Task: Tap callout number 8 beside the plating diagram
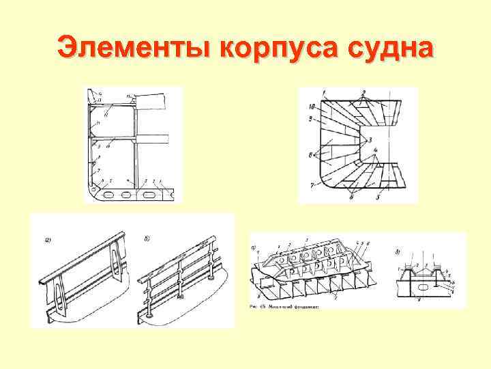[310, 156]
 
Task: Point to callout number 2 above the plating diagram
[363, 92]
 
